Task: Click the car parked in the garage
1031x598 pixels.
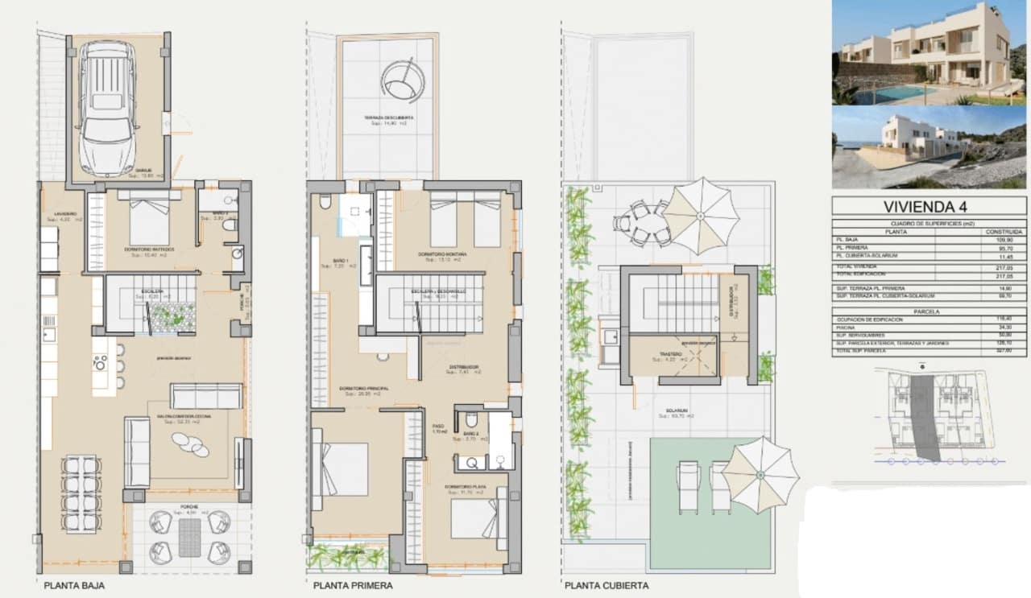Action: (x=108, y=108)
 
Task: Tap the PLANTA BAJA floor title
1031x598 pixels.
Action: (x=74, y=586)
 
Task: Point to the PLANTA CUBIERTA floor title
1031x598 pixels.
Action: (x=606, y=586)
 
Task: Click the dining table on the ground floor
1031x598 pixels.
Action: (x=82, y=493)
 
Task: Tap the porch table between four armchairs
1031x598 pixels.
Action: (x=189, y=537)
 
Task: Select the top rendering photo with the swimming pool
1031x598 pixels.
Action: (x=929, y=53)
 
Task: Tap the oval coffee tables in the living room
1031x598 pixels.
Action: (x=192, y=443)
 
